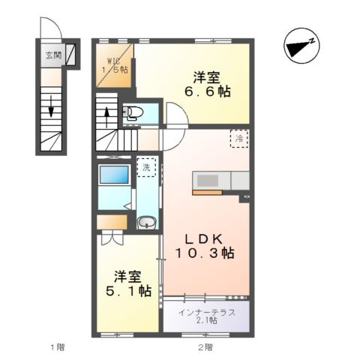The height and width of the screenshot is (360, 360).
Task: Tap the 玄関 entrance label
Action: [53, 55]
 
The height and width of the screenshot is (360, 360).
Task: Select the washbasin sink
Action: [147, 222]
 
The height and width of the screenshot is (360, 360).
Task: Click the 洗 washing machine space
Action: [148, 168]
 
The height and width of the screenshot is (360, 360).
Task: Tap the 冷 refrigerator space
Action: [239, 139]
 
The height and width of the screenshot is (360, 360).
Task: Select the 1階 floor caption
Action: [56, 346]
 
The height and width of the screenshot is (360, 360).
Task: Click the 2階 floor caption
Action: [205, 346]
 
